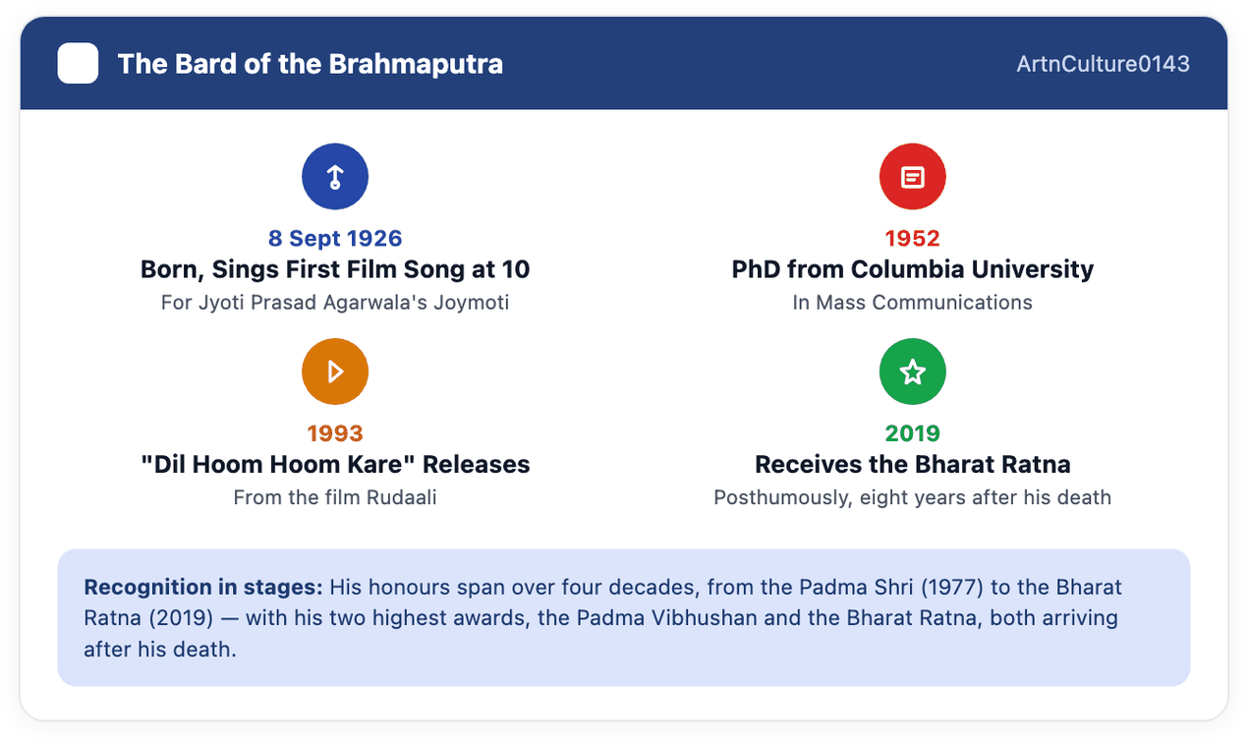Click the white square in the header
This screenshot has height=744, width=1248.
78,63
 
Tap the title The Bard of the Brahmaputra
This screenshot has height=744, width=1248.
311,64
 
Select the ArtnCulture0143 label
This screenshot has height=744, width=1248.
1104,64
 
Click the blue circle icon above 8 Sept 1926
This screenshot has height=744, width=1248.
335,177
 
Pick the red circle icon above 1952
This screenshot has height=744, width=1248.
913,177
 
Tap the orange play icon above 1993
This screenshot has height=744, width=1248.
335,372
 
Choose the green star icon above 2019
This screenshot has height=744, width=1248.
913,372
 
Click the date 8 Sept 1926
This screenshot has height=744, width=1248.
335,238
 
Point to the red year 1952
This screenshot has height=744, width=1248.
913,238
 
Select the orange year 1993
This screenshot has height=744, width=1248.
335,433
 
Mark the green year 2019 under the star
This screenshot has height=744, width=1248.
913,433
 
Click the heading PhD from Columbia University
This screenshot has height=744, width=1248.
913,269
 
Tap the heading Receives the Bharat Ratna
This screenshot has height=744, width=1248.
913,464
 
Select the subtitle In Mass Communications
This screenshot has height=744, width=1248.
913,302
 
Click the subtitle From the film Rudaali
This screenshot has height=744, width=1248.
335,497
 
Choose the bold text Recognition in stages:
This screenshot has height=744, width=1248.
203,587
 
